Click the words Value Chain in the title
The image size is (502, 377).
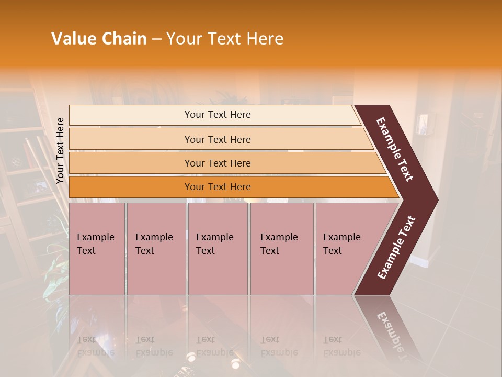(99, 39)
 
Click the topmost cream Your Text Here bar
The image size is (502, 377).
(218, 115)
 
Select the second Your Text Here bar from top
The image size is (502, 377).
(218, 139)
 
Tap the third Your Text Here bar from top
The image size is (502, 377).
(218, 163)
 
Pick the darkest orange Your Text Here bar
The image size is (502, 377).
(218, 187)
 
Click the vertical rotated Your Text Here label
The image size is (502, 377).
(60, 150)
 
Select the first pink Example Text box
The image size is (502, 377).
(97, 249)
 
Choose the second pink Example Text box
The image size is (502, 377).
(156, 249)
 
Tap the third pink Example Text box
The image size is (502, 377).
(218, 249)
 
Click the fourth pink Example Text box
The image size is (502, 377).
(282, 249)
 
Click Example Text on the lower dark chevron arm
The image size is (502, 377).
(396, 247)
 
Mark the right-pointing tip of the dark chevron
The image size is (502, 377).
(437, 199)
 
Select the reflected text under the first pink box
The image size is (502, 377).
(96, 346)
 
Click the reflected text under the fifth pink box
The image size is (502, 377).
(342, 346)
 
